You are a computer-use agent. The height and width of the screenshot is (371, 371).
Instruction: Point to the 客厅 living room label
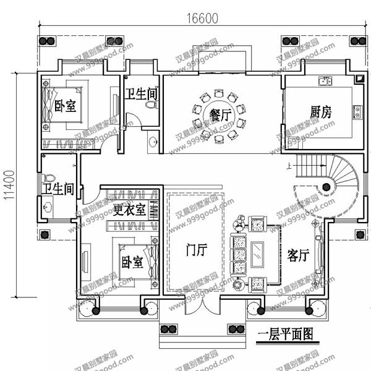point(298,255)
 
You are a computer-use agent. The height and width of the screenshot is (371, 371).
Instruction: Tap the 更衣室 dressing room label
point(130,209)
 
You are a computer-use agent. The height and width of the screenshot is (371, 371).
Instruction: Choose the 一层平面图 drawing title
point(284,335)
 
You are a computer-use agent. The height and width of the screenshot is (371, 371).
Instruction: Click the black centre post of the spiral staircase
point(325,186)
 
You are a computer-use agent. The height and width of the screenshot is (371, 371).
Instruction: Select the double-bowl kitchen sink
point(325,80)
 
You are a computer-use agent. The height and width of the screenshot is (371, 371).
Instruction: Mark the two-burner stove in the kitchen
point(357,112)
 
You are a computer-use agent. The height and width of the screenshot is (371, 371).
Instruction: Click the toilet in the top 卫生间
point(149,105)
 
